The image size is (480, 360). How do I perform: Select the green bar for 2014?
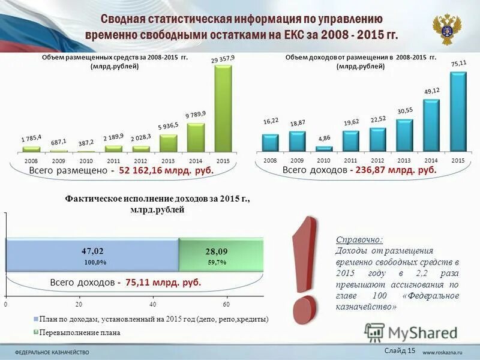tap(196, 137)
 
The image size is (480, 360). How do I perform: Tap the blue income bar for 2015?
tap(458, 111)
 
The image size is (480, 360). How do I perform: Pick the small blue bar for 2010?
tap(324, 148)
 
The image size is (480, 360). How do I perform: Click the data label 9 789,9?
tap(195, 115)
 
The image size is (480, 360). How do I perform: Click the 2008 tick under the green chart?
tap(31, 161)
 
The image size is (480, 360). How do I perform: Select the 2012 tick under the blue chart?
tap(377, 161)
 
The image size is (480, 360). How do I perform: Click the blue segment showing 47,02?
tap(92, 254)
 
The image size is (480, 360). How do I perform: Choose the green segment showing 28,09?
tap(220, 254)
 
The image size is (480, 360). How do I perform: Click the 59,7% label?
tap(217, 263)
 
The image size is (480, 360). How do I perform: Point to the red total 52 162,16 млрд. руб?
tap(166, 171)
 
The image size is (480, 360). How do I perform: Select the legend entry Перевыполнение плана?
tap(80, 332)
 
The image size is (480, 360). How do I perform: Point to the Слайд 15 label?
tap(399, 350)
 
